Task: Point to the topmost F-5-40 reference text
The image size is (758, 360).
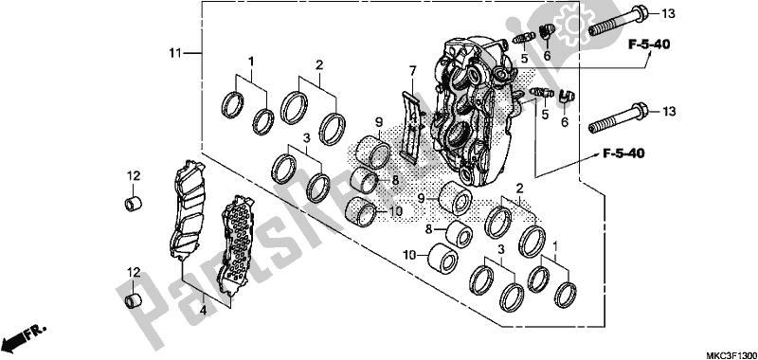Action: point(649,45)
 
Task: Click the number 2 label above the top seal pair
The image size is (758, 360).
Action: point(319,65)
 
